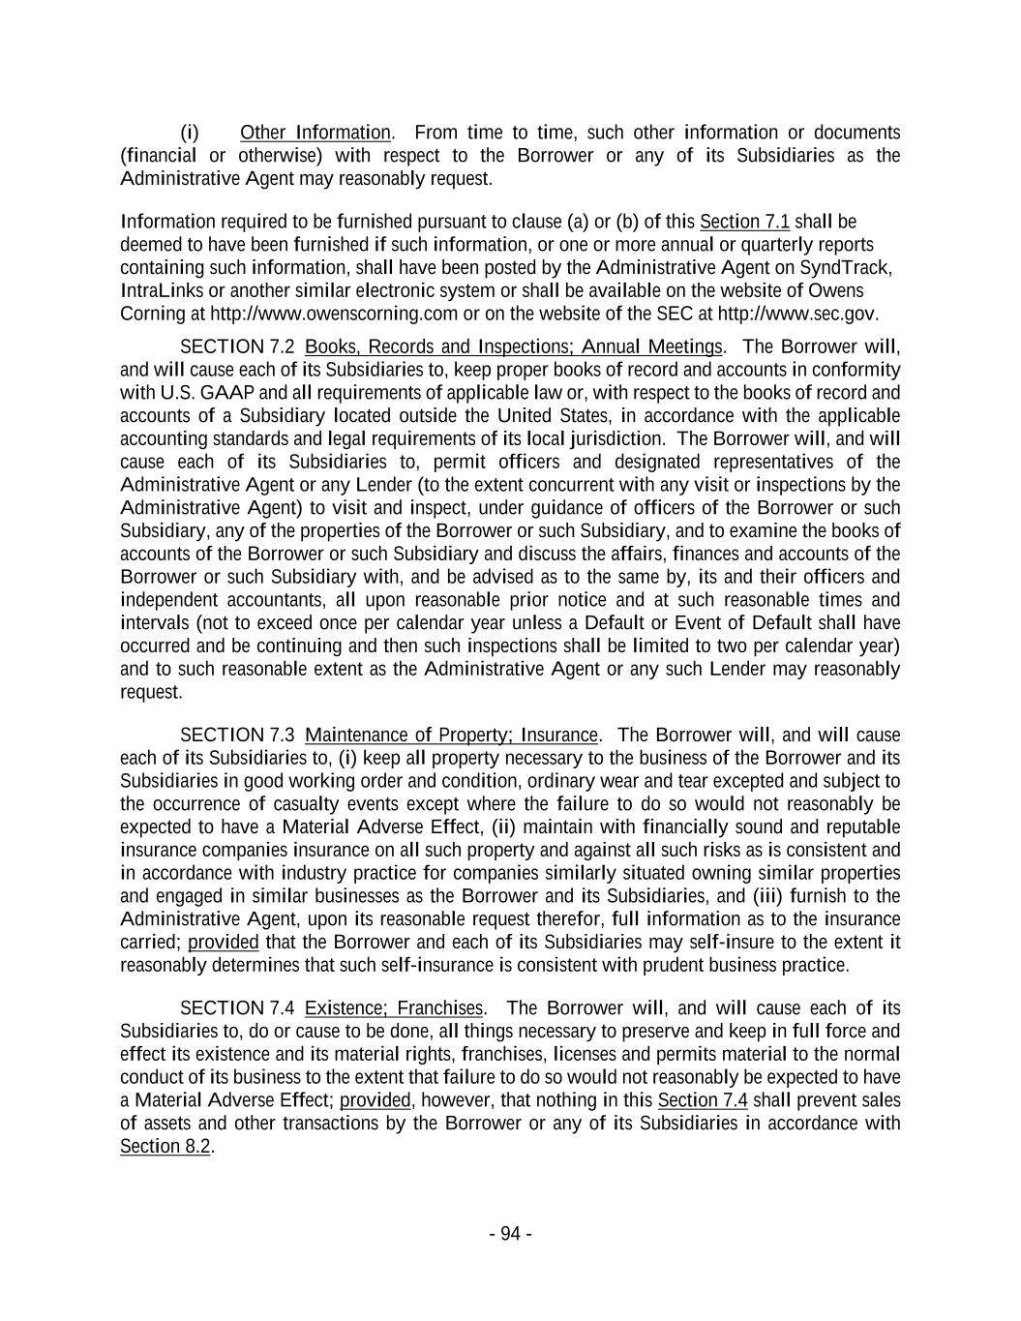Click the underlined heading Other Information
[x=315, y=133]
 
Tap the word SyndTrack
[x=846, y=267]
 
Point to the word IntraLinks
[x=153, y=290]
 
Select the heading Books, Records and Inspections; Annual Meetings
[x=514, y=346]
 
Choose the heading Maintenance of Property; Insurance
[x=451, y=736]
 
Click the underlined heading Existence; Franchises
[x=393, y=1008]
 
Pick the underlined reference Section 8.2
[x=165, y=1147]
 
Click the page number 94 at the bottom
[x=510, y=1234]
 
